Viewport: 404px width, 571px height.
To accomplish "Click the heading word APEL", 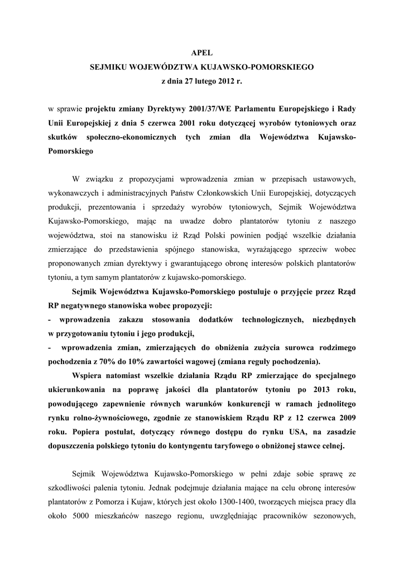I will pos(201,51).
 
